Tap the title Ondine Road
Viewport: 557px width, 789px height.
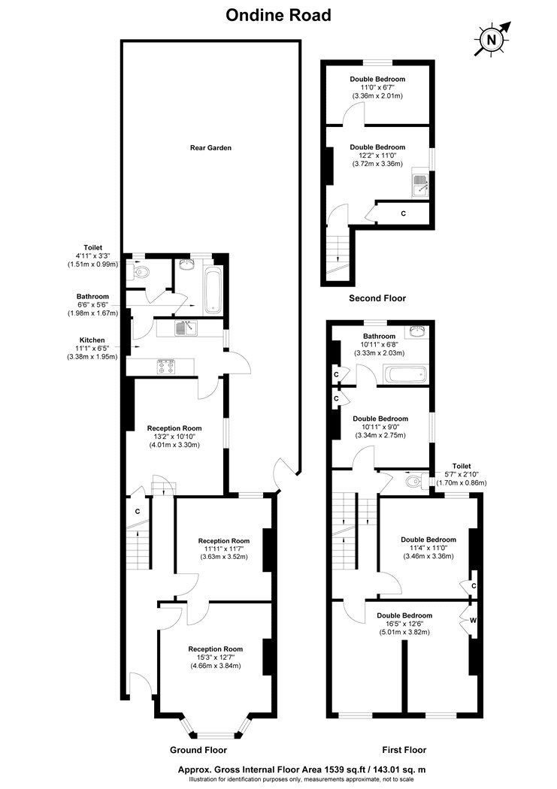point(278,15)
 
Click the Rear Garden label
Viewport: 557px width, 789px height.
point(210,148)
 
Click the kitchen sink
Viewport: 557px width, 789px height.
point(186,328)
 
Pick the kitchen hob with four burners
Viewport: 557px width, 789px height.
point(166,367)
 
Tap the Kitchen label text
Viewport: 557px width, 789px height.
point(92,340)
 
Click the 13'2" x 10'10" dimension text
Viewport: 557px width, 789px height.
point(174,437)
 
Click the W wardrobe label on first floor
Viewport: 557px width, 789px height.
point(473,621)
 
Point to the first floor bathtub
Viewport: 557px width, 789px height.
point(405,375)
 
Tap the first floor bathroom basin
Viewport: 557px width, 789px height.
point(419,331)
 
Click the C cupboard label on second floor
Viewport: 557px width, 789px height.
point(403,213)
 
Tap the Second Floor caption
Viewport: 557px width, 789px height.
point(377,298)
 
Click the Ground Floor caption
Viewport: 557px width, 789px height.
point(198,750)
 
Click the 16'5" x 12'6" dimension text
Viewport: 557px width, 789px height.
point(404,624)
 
